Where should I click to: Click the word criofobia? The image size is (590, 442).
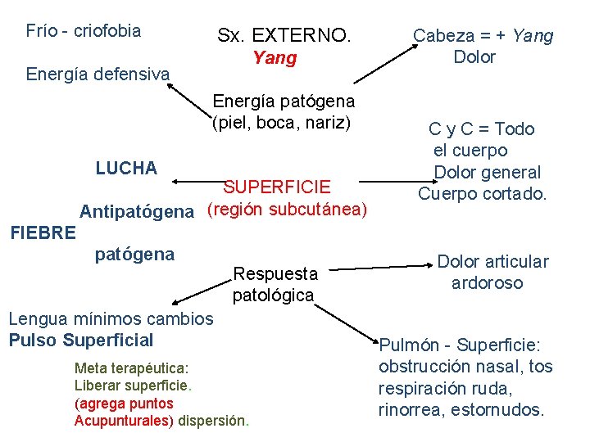tap(107, 32)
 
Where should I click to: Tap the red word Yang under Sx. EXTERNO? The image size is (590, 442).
tap(275, 58)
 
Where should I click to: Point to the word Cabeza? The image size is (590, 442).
tap(443, 36)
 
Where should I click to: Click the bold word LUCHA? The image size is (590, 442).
tap(126, 169)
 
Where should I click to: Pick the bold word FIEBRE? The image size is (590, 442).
tap(43, 232)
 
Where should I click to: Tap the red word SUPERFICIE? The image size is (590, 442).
tap(277, 187)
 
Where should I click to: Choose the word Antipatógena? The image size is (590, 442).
tap(137, 212)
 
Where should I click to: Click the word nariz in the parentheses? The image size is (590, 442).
tap(329, 124)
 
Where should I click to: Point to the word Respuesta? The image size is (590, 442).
tap(275, 273)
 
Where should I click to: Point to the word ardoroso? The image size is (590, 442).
tap(487, 283)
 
